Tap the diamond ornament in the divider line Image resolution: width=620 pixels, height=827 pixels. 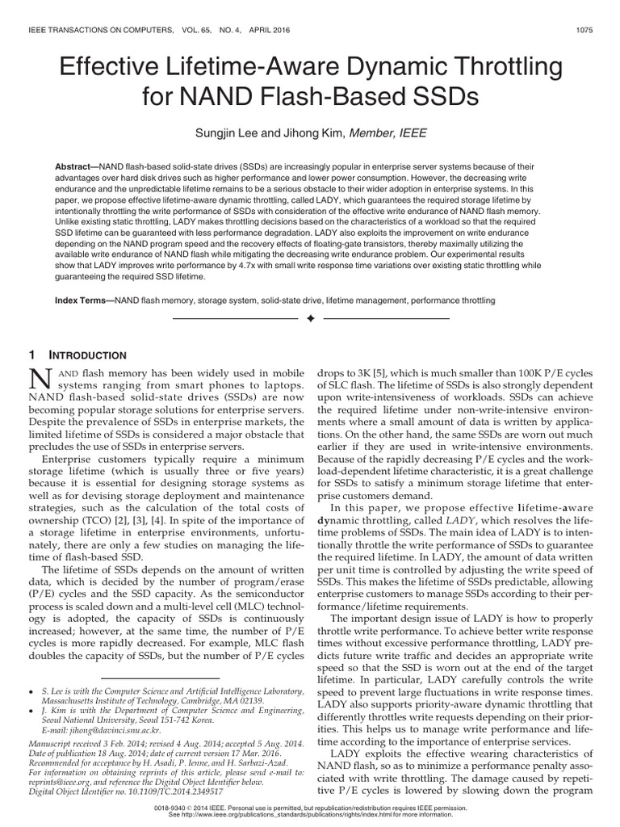(310, 321)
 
